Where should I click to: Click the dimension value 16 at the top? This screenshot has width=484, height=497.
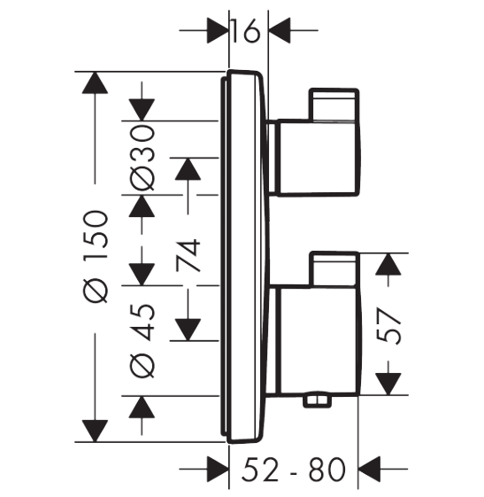pyautogui.click(x=246, y=31)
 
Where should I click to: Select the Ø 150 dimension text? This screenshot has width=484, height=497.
pyautogui.click(x=96, y=256)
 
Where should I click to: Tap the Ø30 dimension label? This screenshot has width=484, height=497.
pyautogui.click(x=142, y=158)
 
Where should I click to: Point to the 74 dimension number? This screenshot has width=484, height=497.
pyautogui.click(x=188, y=256)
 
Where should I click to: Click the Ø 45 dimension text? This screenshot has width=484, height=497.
pyautogui.click(x=142, y=340)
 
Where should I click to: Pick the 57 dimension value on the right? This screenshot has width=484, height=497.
pyautogui.click(x=388, y=326)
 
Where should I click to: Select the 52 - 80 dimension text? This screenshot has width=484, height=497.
pyautogui.click(x=294, y=470)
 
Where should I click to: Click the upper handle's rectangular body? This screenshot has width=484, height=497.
pyautogui.click(x=319, y=158)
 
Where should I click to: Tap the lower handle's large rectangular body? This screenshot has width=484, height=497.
pyautogui.click(x=319, y=341)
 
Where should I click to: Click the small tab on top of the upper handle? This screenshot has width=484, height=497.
pyautogui.click(x=334, y=105)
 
